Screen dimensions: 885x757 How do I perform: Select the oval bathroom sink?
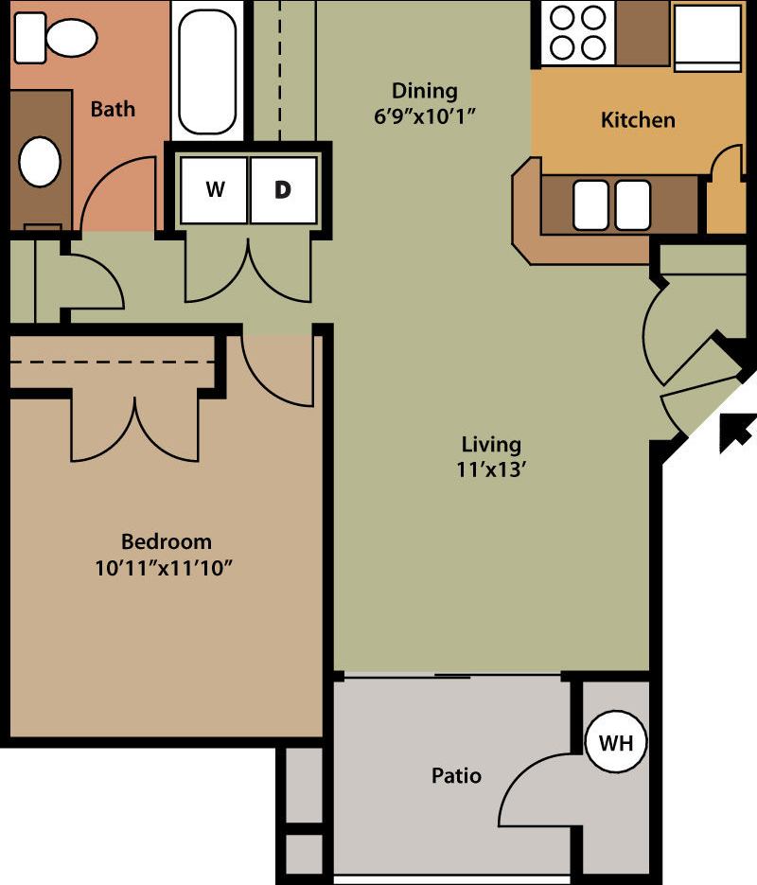click(40, 162)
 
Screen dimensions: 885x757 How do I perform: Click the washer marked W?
click(215, 189)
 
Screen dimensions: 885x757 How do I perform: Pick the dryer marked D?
click(282, 189)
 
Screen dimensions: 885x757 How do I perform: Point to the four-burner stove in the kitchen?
click(578, 32)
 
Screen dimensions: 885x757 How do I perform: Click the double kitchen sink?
click(611, 204)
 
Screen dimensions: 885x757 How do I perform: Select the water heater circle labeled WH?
click(616, 743)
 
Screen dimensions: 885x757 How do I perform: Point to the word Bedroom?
click(167, 542)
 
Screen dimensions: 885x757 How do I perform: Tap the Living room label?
click(491, 443)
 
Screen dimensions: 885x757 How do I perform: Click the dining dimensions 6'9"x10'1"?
click(425, 116)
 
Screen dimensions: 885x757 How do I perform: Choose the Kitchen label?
click(638, 120)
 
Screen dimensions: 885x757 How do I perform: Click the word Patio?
click(456, 776)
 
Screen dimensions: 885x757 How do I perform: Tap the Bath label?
click(113, 109)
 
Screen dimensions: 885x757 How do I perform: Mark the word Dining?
click(425, 91)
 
